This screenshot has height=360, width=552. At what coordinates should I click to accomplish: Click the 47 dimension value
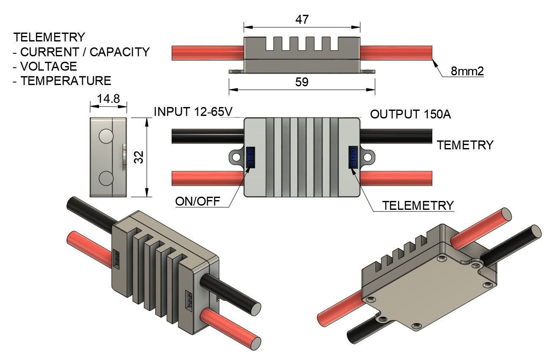(x=302, y=20)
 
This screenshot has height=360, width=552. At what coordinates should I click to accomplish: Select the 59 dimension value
(x=302, y=82)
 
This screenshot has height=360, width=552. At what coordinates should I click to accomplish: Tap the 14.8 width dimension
(x=108, y=99)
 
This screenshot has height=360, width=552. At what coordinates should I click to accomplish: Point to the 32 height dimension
(x=141, y=157)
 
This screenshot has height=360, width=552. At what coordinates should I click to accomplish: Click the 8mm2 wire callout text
(x=467, y=71)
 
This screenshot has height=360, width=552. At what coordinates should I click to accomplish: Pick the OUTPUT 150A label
(x=410, y=114)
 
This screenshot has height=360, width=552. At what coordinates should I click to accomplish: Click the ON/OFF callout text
(x=198, y=201)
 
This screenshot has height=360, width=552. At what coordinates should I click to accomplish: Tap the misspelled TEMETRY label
(x=465, y=145)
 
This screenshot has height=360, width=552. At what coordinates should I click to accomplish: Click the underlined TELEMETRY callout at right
(x=417, y=205)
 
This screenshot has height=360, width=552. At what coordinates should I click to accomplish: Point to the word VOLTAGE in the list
(x=49, y=66)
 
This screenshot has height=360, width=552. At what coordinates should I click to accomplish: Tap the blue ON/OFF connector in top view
(x=250, y=157)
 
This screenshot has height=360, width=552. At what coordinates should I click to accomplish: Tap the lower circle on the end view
(x=106, y=179)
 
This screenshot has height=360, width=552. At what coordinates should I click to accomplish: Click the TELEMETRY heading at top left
(x=49, y=37)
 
